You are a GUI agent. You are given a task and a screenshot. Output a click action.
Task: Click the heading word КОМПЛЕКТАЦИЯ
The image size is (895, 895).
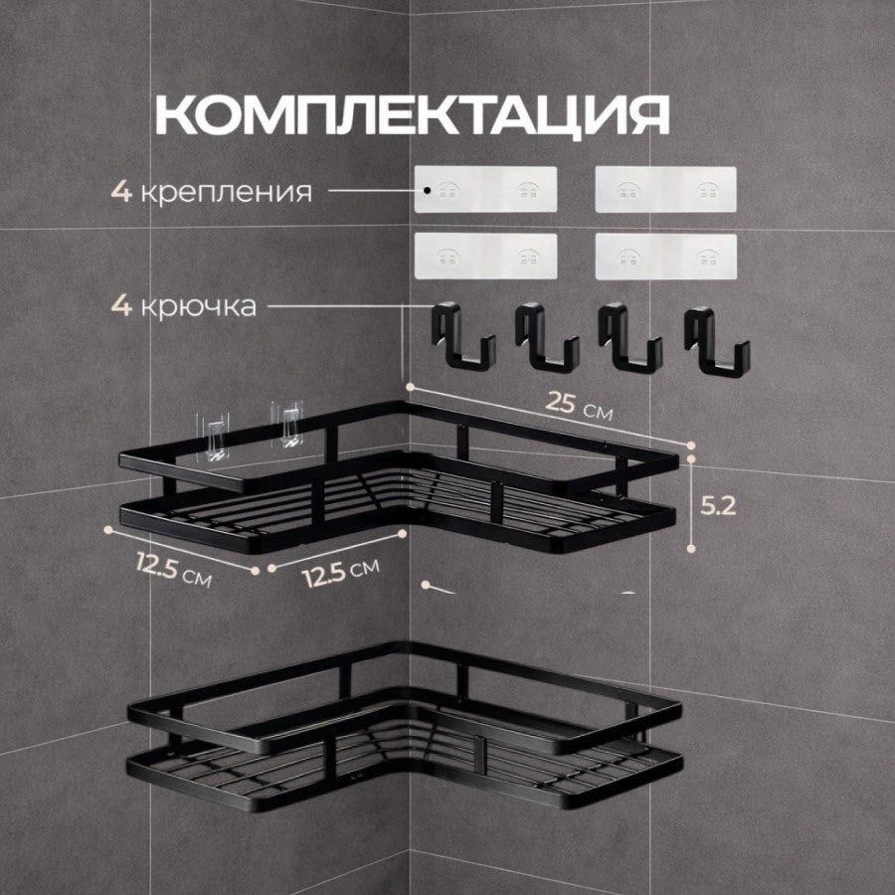click(x=412, y=115)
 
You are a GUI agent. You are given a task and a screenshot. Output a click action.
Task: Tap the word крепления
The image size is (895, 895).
click(x=226, y=192)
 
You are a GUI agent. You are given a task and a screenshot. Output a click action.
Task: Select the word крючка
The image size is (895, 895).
click(x=198, y=307)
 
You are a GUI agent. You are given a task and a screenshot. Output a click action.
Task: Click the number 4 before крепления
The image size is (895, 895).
click(x=121, y=191)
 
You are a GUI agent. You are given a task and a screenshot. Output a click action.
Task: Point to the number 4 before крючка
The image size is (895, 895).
click(x=121, y=306)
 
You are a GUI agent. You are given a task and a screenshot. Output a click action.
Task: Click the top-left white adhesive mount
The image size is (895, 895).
click(x=485, y=189)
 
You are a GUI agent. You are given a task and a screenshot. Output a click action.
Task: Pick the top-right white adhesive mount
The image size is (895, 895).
click(x=665, y=190)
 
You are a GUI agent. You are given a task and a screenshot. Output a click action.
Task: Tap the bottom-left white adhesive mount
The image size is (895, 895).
click(x=485, y=256)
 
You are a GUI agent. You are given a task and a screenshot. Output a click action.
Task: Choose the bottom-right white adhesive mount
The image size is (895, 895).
click(x=665, y=257)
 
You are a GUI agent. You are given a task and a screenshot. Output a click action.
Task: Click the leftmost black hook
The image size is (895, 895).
click(x=462, y=337)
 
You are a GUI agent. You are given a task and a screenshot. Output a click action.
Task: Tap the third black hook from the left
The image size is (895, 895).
click(x=630, y=338)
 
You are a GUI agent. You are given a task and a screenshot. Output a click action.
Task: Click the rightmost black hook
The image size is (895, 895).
click(x=716, y=341)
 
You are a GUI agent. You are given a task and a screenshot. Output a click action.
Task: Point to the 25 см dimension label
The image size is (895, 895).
click(x=579, y=406)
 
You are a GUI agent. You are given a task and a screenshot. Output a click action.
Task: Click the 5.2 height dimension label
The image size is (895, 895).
click(x=718, y=506)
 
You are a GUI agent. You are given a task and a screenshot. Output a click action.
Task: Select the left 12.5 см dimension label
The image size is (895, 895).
click(x=174, y=569)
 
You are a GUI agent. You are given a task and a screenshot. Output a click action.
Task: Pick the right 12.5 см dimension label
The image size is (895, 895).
click(x=341, y=573)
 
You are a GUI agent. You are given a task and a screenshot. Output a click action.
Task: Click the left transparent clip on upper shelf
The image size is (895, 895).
click(x=213, y=438)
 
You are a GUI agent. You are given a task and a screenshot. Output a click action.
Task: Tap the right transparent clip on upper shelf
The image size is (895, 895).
click(x=287, y=425)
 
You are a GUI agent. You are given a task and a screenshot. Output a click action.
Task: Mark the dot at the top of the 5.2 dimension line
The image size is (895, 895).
click(x=691, y=458)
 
